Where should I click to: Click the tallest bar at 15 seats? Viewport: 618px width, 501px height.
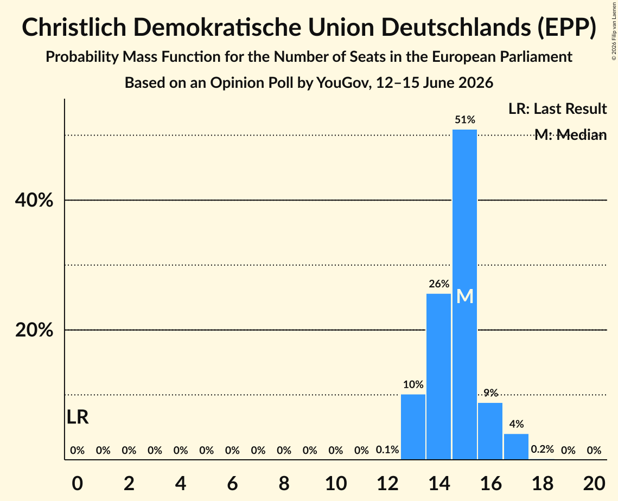point(464,294)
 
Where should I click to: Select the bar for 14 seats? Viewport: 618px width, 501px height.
point(438,376)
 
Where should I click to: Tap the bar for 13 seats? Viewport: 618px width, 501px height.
point(413,427)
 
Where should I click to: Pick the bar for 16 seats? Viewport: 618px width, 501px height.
point(490,431)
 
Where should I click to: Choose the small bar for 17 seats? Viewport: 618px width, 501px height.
point(517,447)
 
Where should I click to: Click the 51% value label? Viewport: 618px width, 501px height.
point(464,120)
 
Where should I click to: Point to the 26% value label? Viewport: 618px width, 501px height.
point(439,284)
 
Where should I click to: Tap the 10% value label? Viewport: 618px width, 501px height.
point(413,384)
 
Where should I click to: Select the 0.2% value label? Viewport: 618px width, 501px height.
point(543,449)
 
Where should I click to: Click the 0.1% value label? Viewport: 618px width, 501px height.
point(387,450)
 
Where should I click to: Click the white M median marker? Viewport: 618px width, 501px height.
point(464,297)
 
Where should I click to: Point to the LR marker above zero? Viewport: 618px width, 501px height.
point(78,417)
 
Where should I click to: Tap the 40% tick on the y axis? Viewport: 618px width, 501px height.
point(34,200)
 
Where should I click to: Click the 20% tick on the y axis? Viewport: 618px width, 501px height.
point(34,330)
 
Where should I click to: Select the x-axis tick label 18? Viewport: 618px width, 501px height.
point(543,484)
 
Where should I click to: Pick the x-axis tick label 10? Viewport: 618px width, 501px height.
point(336,484)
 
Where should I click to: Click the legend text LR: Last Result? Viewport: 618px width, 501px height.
point(557,108)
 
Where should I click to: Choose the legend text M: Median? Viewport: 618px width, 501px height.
point(570,134)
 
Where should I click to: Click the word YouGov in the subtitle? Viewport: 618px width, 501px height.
point(343,83)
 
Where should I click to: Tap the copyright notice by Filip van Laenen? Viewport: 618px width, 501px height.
point(614,31)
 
